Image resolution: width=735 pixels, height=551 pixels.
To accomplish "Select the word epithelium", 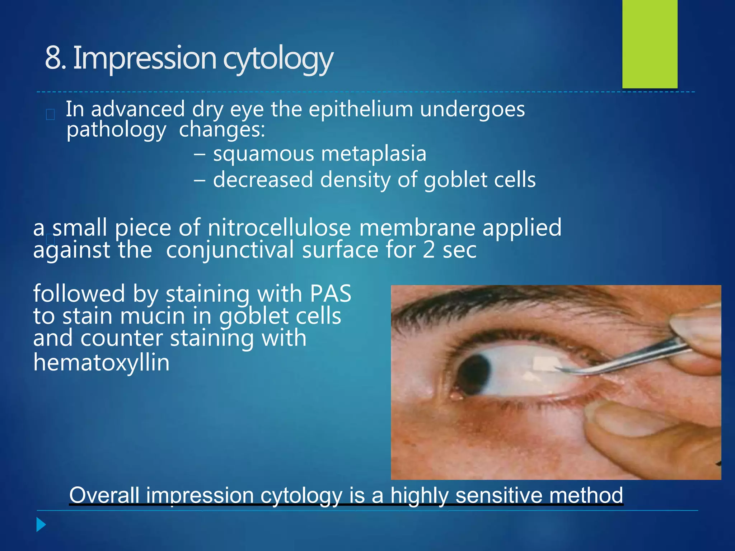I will click(361, 109).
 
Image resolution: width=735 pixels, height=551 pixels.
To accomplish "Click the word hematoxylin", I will click(101, 363).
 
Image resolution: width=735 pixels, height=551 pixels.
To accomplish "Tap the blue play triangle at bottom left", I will click(41, 525).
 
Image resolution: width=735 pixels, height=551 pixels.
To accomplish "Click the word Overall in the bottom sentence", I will click(104, 495).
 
